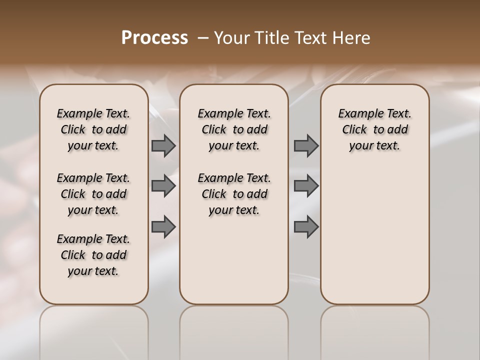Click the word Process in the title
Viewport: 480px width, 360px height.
(x=154, y=38)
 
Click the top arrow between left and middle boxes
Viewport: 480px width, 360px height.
(x=163, y=145)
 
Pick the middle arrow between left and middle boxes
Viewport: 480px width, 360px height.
(x=163, y=186)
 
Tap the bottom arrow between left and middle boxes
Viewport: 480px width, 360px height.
(x=163, y=227)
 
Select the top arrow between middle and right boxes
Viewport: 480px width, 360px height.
(x=306, y=145)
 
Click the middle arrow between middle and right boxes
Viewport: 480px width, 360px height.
(x=306, y=186)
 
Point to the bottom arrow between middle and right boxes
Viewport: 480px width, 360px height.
(x=306, y=227)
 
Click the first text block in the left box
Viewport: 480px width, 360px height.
(x=93, y=129)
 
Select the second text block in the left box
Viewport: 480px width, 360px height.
(x=93, y=194)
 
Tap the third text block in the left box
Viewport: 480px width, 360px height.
(x=93, y=255)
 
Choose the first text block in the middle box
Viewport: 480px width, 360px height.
(x=234, y=129)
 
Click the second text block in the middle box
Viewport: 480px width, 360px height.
(x=234, y=194)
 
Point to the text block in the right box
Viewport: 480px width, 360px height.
(x=375, y=129)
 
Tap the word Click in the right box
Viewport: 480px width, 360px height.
(x=354, y=130)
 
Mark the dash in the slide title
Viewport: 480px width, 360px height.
(x=204, y=38)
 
